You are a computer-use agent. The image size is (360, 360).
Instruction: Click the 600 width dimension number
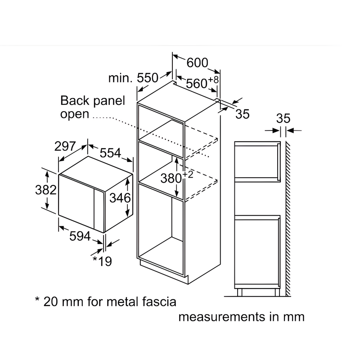tap(197, 63)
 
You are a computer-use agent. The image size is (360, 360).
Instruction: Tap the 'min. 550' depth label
tap(134, 78)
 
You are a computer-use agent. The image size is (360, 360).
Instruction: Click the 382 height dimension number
tap(45, 189)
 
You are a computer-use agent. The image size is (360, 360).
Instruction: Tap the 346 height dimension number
tap(120, 198)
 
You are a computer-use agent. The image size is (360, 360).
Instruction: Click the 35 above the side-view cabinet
tap(283, 119)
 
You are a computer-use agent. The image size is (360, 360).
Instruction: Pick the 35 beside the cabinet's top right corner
tap(243, 114)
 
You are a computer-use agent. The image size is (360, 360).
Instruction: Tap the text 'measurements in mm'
tap(242, 317)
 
